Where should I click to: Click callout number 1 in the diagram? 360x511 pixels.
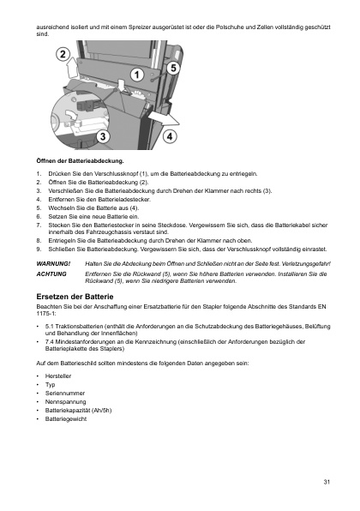[138, 75]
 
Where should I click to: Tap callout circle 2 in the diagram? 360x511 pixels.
[64, 56]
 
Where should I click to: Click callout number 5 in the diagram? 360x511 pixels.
[173, 67]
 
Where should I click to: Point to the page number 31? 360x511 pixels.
[327, 483]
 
